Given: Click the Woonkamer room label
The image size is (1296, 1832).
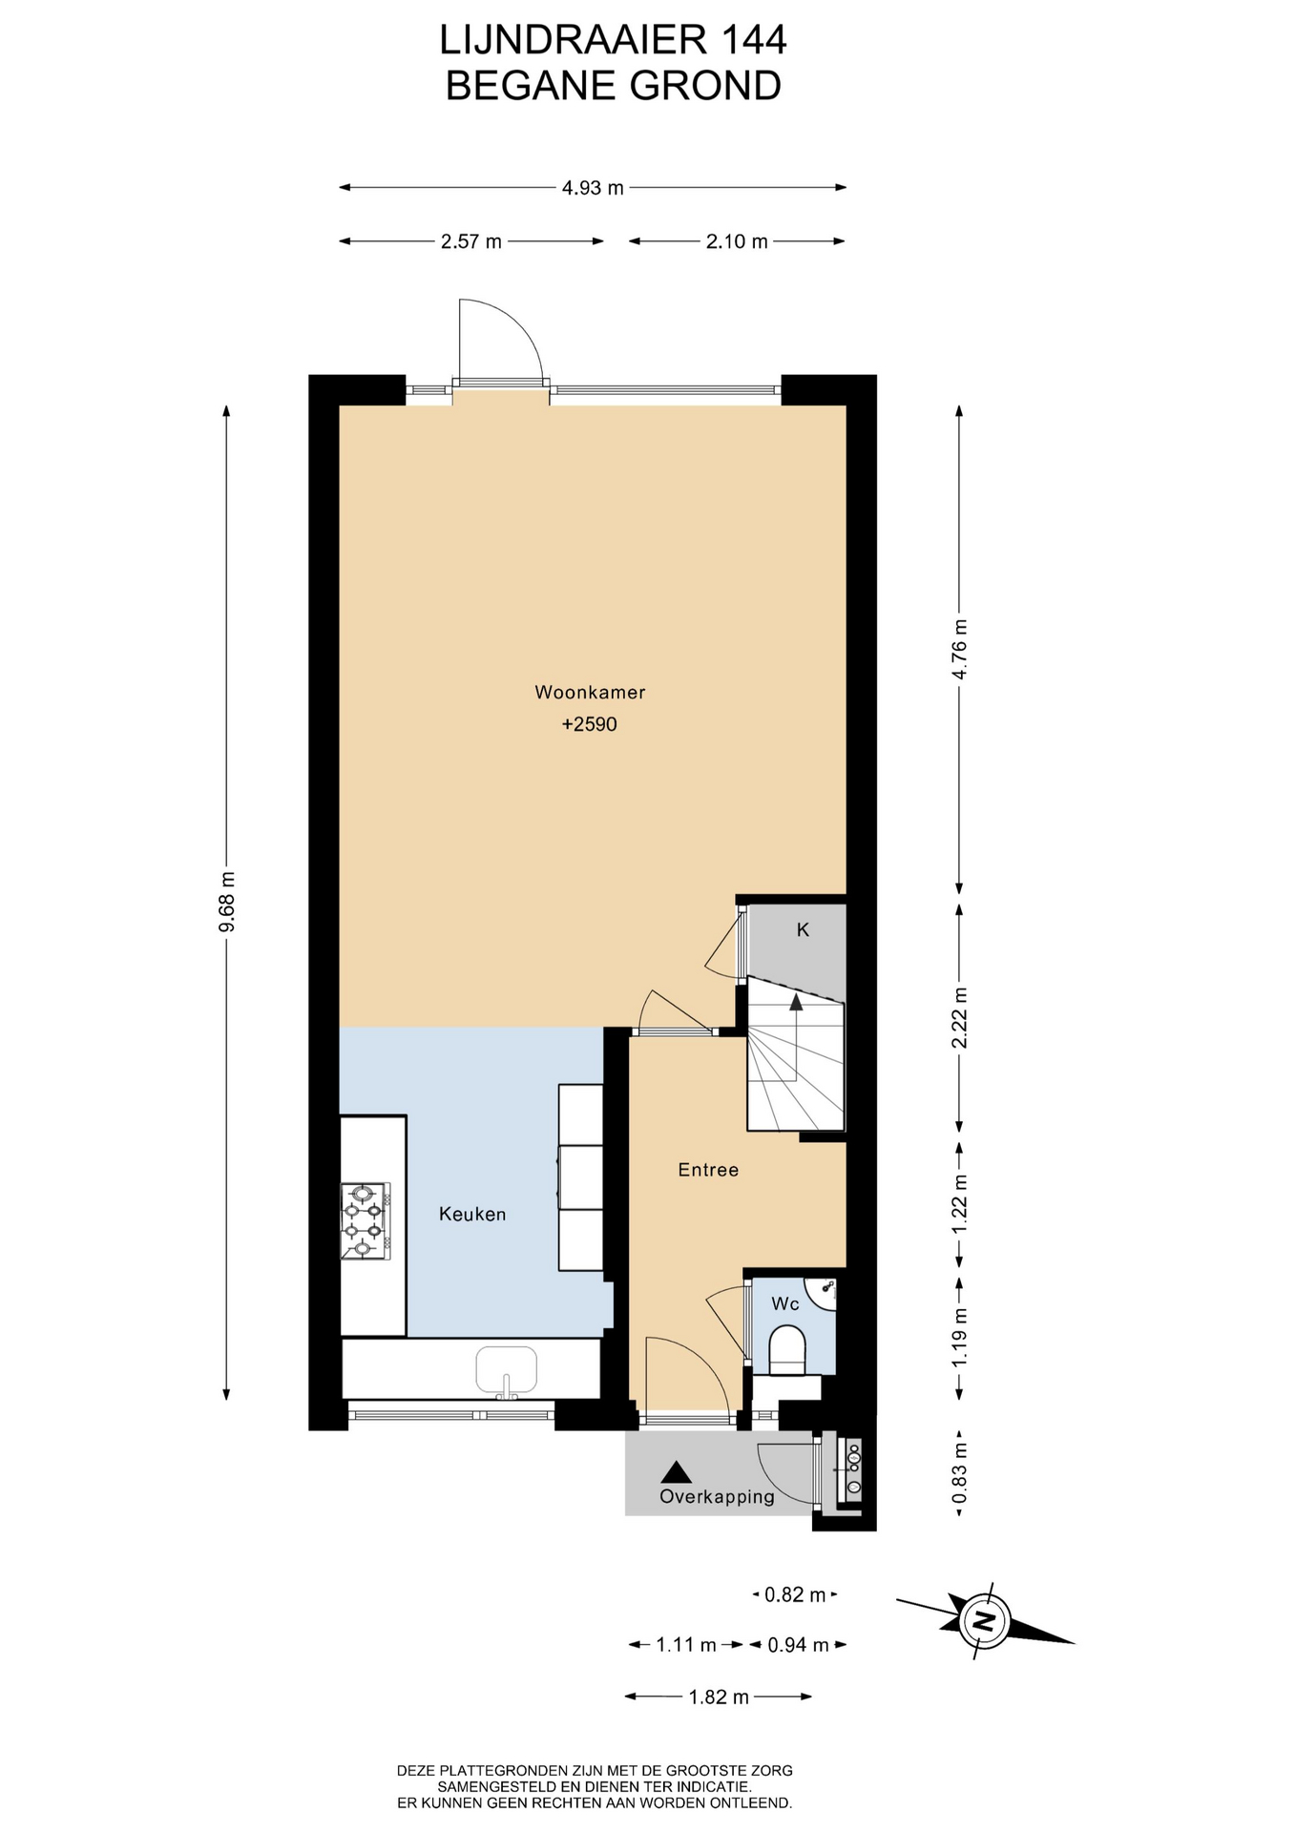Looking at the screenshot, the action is (590, 693).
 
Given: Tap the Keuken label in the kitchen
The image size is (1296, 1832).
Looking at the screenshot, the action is (472, 1214).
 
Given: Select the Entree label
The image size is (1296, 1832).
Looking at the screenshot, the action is (708, 1170).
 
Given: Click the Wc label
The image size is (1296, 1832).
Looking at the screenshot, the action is (785, 1303).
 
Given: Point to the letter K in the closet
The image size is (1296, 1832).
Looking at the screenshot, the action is (803, 929).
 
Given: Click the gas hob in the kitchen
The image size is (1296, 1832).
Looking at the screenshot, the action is (364, 1220).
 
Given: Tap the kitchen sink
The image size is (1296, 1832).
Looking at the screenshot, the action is (507, 1372).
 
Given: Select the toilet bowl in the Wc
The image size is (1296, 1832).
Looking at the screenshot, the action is (787, 1349).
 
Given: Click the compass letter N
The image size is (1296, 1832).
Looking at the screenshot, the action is (981, 1619).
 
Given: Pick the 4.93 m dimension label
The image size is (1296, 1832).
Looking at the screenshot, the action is (593, 188).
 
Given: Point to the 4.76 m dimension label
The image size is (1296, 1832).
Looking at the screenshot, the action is (960, 649).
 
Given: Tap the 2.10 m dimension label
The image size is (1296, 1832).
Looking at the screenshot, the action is (737, 241).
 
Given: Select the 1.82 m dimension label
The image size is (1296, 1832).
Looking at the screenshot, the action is (719, 1697).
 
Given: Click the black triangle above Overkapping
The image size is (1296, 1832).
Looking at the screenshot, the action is (677, 1472).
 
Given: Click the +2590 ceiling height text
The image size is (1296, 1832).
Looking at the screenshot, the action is (590, 724).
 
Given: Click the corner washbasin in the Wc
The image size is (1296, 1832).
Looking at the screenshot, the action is (823, 1291).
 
